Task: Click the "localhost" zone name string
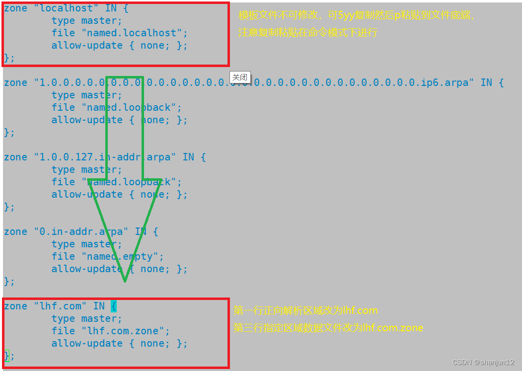(64, 8)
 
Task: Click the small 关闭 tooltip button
(240, 77)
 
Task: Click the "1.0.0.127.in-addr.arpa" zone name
(105, 157)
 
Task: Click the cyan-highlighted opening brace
(114, 306)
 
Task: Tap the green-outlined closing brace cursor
(7, 356)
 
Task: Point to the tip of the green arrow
(125, 281)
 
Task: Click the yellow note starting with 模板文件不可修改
(357, 15)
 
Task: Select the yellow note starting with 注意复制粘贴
(308, 33)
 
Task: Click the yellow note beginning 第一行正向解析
(305, 311)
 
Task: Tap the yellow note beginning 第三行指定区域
(328, 328)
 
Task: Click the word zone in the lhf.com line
(15, 306)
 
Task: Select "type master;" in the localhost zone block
(86, 21)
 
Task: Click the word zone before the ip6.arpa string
(15, 83)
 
